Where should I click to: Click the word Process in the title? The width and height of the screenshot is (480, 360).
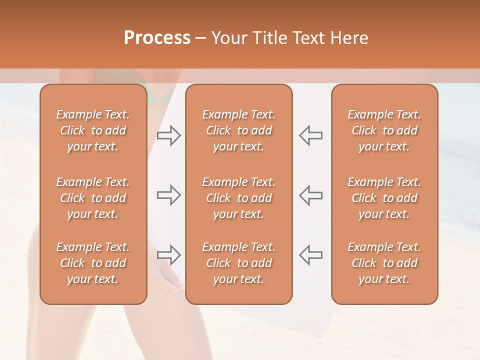157,38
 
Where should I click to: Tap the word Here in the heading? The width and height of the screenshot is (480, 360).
349,38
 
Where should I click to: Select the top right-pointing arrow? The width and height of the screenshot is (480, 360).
169,135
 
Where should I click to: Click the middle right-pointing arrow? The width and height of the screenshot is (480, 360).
169,195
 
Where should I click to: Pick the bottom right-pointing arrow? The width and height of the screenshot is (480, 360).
169,255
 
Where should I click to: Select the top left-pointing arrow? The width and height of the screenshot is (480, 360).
311,135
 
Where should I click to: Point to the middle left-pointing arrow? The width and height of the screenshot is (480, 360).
311,195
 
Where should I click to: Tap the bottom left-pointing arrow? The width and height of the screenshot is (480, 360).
311,255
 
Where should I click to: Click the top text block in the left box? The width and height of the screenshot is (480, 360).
93,130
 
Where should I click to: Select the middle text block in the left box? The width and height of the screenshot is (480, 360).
93,198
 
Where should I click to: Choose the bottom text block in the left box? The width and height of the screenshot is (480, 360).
93,263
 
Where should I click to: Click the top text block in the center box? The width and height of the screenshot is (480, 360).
239,130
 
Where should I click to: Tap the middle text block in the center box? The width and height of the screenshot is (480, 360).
239,198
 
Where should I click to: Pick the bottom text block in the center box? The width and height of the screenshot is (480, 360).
239,263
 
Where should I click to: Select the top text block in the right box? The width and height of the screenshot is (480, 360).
384,130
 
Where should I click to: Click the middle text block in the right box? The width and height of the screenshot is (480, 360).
384,198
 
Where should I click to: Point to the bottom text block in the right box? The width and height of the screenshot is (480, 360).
384,263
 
